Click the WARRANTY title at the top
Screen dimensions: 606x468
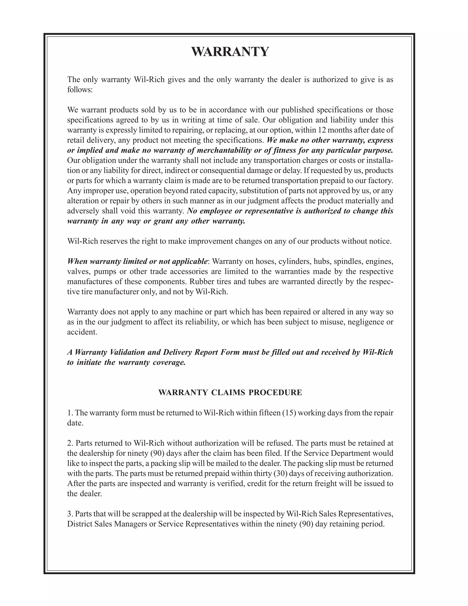tap(230, 52)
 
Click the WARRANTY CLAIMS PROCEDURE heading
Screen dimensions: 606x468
tap(230, 392)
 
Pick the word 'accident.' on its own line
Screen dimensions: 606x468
tap(82, 332)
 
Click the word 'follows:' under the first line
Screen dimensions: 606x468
tap(80, 90)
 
